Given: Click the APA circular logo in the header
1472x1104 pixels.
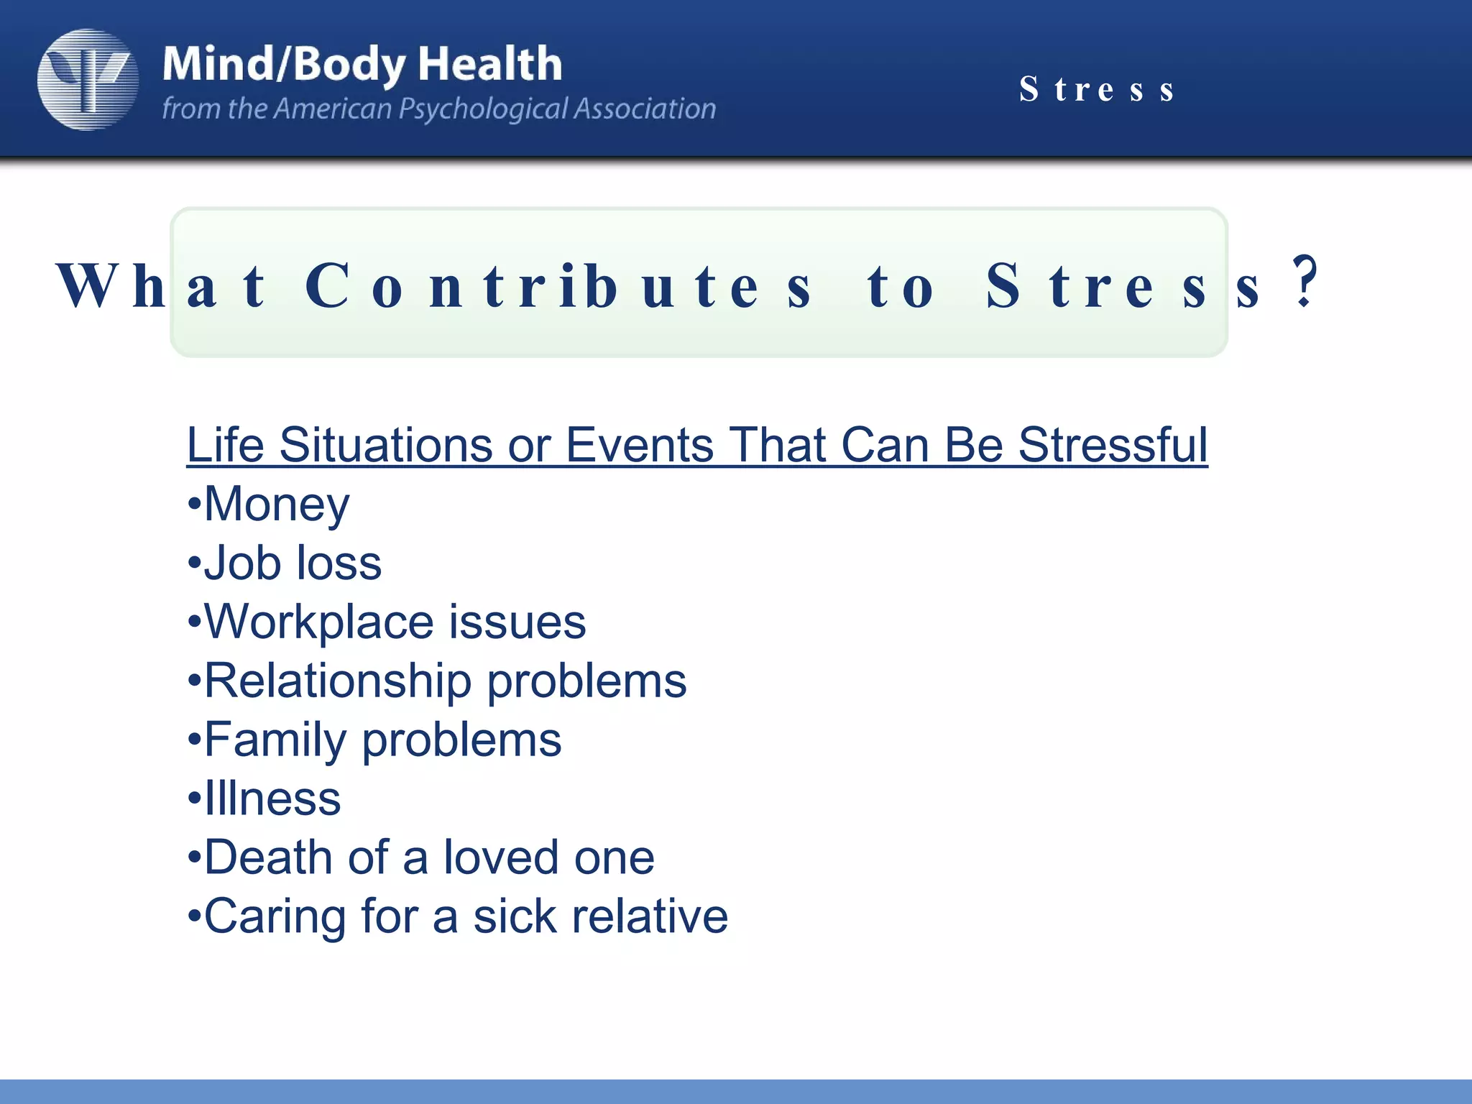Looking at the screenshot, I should (88, 79).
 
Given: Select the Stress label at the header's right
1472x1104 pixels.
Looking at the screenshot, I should (1097, 90).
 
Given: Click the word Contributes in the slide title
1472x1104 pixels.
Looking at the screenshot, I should (558, 286).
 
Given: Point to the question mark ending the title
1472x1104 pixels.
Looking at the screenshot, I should (1305, 282).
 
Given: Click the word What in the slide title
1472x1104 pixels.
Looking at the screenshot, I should (162, 286).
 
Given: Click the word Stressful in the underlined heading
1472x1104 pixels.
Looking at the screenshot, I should (1113, 445).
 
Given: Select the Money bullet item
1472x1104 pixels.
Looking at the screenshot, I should (276, 504).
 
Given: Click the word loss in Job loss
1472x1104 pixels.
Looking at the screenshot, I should (339, 563).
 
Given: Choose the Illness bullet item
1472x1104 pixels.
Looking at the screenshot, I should (272, 799).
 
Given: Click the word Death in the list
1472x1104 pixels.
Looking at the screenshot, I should (268, 857).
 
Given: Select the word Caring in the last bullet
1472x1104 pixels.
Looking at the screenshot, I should (275, 916).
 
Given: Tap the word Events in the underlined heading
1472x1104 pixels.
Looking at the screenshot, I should (640, 445).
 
